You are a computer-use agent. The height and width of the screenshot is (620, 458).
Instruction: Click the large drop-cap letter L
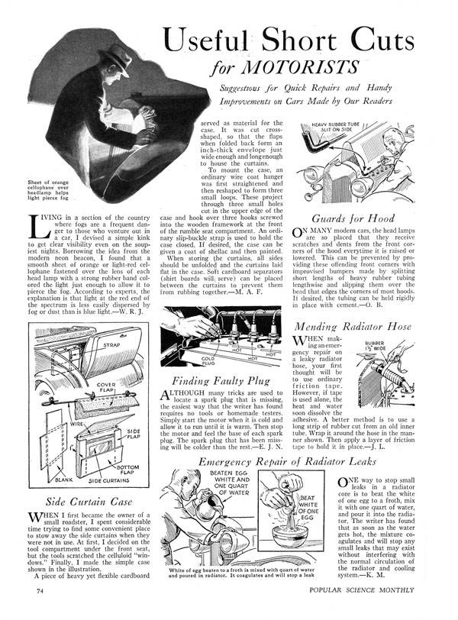[x=24, y=227]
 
